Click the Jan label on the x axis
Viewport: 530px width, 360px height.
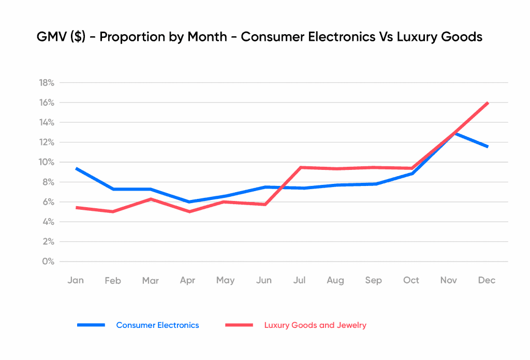(76, 280)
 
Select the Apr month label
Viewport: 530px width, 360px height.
(187, 280)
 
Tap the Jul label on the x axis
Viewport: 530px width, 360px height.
(299, 280)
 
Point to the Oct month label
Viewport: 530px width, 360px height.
(411, 280)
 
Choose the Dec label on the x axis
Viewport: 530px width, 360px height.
(487, 280)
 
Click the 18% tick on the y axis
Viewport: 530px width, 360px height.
(47, 83)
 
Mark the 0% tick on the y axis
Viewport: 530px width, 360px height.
(48, 261)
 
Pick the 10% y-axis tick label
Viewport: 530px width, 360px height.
(47, 162)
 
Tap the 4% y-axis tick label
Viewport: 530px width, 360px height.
(48, 222)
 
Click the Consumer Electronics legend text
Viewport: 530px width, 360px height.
(157, 325)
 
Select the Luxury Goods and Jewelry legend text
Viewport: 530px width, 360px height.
(315, 325)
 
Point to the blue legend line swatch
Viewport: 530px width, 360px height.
(91, 325)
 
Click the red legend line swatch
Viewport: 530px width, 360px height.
(239, 325)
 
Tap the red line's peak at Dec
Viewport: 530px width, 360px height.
(488, 103)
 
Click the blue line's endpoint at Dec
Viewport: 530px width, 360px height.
(488, 147)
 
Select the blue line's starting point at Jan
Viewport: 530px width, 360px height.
(76, 168)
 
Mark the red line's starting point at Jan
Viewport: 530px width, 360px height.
(76, 207)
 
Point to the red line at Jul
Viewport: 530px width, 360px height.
(300, 167)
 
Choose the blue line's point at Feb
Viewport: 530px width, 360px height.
(113, 189)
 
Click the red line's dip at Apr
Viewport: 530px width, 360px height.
(188, 211)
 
